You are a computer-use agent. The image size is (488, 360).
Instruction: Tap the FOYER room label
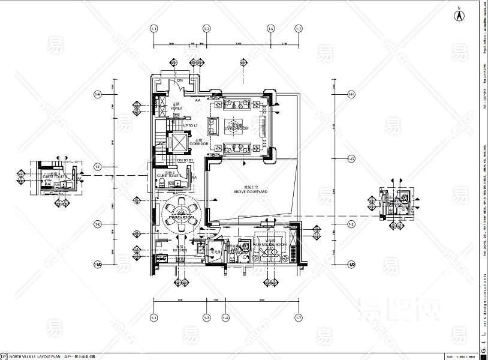point(176,109)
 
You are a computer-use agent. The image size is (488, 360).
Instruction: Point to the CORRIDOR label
point(198,144)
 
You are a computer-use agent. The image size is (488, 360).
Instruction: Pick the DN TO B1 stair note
point(184,161)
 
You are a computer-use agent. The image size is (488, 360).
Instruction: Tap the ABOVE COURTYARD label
point(250,191)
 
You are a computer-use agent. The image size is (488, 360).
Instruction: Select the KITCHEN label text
point(180,250)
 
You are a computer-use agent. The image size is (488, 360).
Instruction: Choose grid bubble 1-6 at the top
point(271,29)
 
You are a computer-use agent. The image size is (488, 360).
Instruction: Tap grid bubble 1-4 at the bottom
point(225,317)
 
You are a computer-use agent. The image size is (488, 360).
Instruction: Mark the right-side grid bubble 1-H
point(352,95)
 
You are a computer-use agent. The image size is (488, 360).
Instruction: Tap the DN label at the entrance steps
point(179,81)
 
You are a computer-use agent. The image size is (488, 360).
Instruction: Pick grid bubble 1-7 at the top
point(299,29)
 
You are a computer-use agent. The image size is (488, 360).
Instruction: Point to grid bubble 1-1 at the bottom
point(154,317)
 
